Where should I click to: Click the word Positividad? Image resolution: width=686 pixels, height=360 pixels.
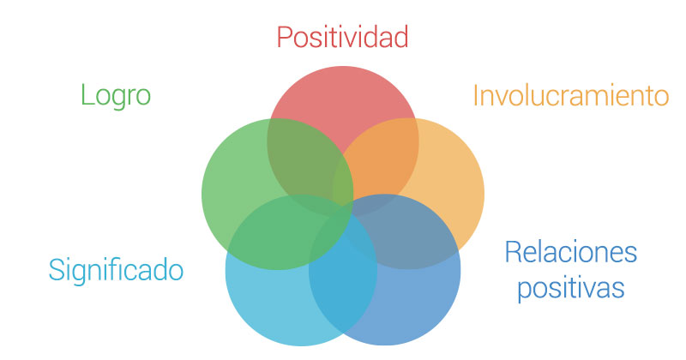342,37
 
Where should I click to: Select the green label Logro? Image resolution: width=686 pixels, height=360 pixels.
116,96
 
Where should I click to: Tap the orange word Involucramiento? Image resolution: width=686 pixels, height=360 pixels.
571,95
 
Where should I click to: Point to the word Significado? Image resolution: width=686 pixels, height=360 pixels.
116,270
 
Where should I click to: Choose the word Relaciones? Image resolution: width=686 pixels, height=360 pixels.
571,252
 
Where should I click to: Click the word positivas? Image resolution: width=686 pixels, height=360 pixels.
571,288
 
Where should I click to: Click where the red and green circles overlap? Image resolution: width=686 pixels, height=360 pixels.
306,162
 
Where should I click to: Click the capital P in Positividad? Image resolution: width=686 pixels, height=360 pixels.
285,37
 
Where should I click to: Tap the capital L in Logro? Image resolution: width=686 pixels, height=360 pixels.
87,94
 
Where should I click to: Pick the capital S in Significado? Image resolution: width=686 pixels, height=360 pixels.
57,270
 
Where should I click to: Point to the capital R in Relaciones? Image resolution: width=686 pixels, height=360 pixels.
514,252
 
